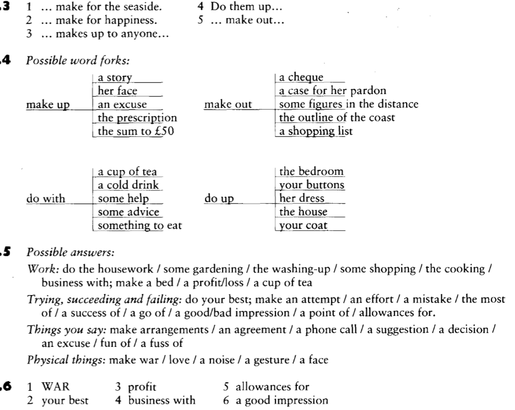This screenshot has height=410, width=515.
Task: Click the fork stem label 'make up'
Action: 49,105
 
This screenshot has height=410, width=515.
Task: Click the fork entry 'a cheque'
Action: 302,78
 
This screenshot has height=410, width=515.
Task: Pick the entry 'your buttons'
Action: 312,185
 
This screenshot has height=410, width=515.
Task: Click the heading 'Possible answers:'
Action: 64,251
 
